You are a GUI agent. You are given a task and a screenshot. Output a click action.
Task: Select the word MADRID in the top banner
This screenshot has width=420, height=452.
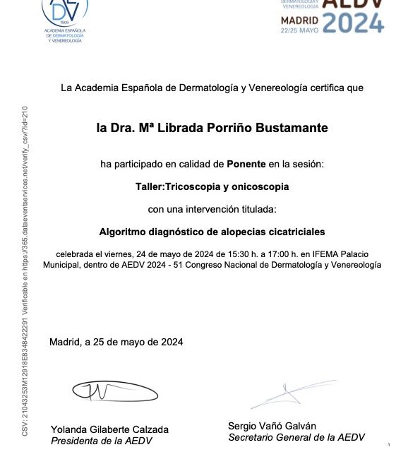coord(301,20)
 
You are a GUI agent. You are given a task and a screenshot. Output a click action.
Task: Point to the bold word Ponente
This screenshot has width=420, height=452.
coord(246,164)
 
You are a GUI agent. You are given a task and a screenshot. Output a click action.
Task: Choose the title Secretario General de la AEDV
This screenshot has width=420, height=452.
coord(296,437)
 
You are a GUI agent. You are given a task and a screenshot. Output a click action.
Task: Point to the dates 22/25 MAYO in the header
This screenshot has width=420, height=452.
coord(301,30)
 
